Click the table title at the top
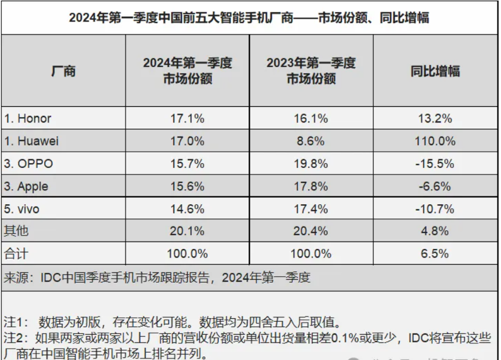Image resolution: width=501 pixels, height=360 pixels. pyautogui.click(x=249, y=18)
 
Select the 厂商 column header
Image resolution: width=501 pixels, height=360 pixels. pyautogui.click(x=63, y=71)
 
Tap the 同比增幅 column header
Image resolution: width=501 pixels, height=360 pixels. pyautogui.click(x=435, y=71)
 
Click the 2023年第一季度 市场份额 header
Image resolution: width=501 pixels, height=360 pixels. pyautogui.click(x=311, y=71)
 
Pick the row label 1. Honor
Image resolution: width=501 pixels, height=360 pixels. pyautogui.click(x=28, y=118)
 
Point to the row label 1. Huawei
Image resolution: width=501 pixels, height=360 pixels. pyautogui.click(x=31, y=141)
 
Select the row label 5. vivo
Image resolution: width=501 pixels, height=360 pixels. pyautogui.click(x=25, y=209)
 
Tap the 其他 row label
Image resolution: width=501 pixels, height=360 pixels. pyautogui.click(x=16, y=231)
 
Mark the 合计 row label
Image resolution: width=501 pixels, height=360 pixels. pyautogui.click(x=16, y=253)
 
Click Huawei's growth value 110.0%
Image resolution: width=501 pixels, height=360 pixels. pyautogui.click(x=435, y=141)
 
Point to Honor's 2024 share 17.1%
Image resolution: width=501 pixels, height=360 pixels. pyautogui.click(x=187, y=118)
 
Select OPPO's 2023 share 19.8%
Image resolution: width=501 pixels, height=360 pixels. pyautogui.click(x=311, y=164)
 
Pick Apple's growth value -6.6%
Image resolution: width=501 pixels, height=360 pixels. pyautogui.click(x=435, y=187)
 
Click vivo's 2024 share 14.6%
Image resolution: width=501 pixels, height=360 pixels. pyautogui.click(x=187, y=209)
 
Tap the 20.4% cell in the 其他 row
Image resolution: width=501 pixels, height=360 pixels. pyautogui.click(x=311, y=231)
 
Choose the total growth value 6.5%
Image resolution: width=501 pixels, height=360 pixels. pyautogui.click(x=435, y=253)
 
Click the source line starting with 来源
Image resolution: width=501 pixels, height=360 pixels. pyautogui.click(x=157, y=278)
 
